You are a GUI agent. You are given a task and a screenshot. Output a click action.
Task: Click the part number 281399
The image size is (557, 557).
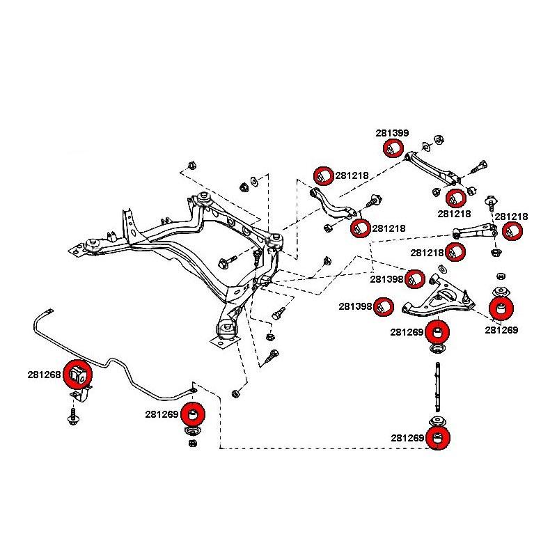point(392,132)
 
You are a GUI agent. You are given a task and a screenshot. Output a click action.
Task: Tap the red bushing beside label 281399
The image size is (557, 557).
point(393,148)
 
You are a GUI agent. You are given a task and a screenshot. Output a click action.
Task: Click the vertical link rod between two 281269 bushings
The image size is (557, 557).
point(437,389)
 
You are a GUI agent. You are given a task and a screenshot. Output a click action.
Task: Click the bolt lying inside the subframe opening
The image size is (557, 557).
point(228,262)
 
